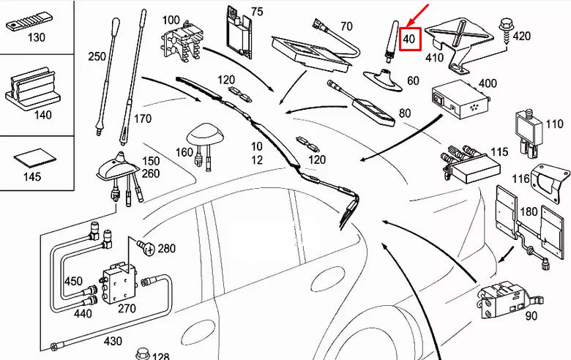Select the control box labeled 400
point(459,101)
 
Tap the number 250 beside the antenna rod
point(98,56)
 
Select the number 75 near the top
point(256,12)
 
